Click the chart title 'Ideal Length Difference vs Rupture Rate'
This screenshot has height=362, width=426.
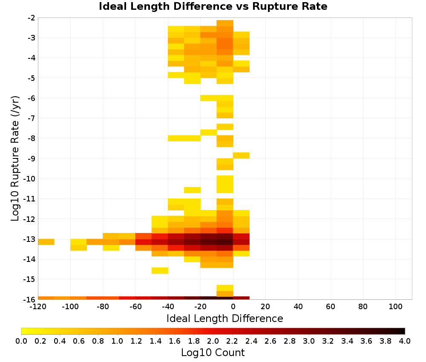point(213,6)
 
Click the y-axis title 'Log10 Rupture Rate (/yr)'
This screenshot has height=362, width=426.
point(15,158)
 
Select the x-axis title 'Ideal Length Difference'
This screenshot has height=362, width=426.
point(225,318)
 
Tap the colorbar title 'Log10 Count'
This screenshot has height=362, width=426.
point(213,353)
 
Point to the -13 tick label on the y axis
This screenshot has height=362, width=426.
point(29,239)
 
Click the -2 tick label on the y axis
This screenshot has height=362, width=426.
point(32,18)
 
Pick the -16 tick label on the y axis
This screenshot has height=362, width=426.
point(29,299)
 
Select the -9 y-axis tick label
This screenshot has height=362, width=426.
point(32,158)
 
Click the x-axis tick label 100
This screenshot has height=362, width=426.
point(395,307)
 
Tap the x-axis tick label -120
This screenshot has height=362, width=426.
point(38,307)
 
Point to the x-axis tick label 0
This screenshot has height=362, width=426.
point(233,307)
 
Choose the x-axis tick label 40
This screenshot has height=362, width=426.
point(298,307)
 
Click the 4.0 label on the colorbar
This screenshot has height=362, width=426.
point(405,341)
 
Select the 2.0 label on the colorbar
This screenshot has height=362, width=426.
point(213,341)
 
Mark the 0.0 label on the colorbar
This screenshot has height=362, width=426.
point(21,341)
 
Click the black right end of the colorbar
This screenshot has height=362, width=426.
point(403,331)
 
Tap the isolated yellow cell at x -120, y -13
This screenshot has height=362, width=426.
point(46,242)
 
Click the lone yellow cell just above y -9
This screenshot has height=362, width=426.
point(241,155)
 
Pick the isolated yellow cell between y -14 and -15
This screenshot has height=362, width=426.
point(160,270)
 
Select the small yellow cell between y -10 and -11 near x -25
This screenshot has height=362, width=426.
point(193,190)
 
